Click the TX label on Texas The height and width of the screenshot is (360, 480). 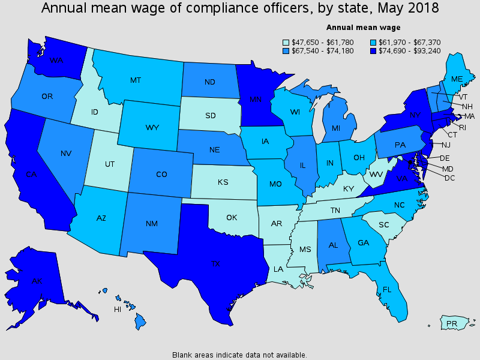215,263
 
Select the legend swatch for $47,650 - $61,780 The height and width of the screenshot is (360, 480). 286,43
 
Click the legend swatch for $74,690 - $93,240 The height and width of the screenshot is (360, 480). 373,51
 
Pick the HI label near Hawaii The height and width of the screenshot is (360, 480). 118,310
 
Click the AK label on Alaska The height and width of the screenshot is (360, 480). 37,281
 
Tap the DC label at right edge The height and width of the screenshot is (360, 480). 449,178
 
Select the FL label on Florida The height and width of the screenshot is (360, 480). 387,289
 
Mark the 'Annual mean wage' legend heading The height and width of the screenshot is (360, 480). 364,28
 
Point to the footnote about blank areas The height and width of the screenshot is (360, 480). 239,355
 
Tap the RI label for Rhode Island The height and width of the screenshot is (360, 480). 463,127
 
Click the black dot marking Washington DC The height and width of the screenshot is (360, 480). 410,161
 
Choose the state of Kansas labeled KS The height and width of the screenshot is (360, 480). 223,182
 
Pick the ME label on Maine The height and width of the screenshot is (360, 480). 457,79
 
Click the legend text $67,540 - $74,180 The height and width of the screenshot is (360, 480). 322,51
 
